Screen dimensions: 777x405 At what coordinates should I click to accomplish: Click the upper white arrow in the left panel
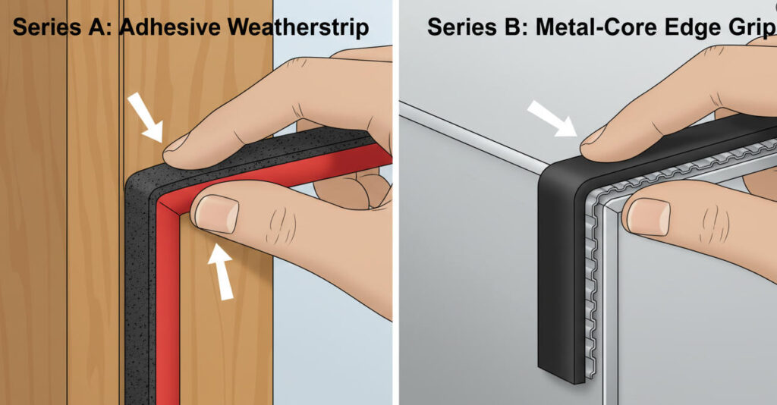click(x=145, y=117)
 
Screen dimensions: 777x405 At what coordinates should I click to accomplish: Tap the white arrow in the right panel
click(x=552, y=118)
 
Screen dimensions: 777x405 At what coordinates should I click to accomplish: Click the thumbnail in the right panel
click(x=648, y=217)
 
